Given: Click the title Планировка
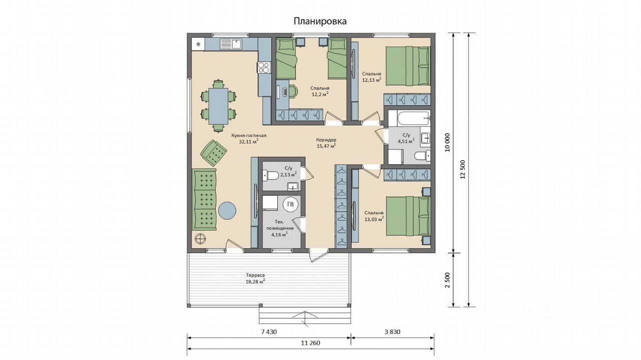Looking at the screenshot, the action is tap(320, 21).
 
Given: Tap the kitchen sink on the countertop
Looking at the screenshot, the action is tap(231, 45).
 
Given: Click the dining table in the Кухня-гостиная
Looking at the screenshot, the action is tap(218, 106).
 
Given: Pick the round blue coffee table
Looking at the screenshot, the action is tap(227, 211).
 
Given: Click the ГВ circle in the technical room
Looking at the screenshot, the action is tap(290, 204).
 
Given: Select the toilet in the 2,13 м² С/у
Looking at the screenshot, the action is tap(270, 175).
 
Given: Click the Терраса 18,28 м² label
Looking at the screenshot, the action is tap(255, 278).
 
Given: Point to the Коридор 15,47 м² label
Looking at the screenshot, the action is tap(326, 143).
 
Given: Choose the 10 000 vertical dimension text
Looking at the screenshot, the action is tap(448, 143).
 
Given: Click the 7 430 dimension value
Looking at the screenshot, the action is tap(269, 331).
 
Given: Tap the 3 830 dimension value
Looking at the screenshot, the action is tap(392, 331).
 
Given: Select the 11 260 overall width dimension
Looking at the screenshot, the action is tap(310, 343).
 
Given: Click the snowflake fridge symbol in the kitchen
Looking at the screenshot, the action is tap(198, 45).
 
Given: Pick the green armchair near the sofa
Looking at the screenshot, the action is tap(214, 153).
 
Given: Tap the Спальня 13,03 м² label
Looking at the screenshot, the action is tap(374, 216).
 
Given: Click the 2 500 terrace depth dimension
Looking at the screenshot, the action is tap(448, 280).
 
